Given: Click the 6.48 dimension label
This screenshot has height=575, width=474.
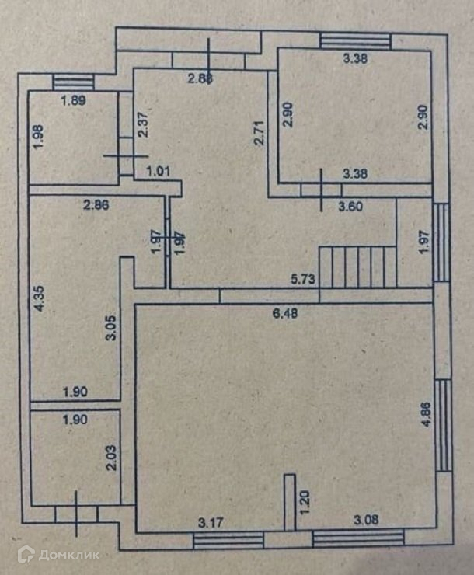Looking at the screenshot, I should (x=286, y=314).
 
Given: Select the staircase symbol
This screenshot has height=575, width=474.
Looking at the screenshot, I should (x=357, y=266).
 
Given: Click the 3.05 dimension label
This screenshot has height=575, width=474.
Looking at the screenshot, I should (x=111, y=329).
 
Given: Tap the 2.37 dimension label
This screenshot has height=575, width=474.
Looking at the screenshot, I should (x=142, y=124).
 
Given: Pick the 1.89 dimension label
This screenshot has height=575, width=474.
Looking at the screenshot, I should (x=73, y=99).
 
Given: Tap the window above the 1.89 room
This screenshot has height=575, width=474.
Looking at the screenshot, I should (x=73, y=80).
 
